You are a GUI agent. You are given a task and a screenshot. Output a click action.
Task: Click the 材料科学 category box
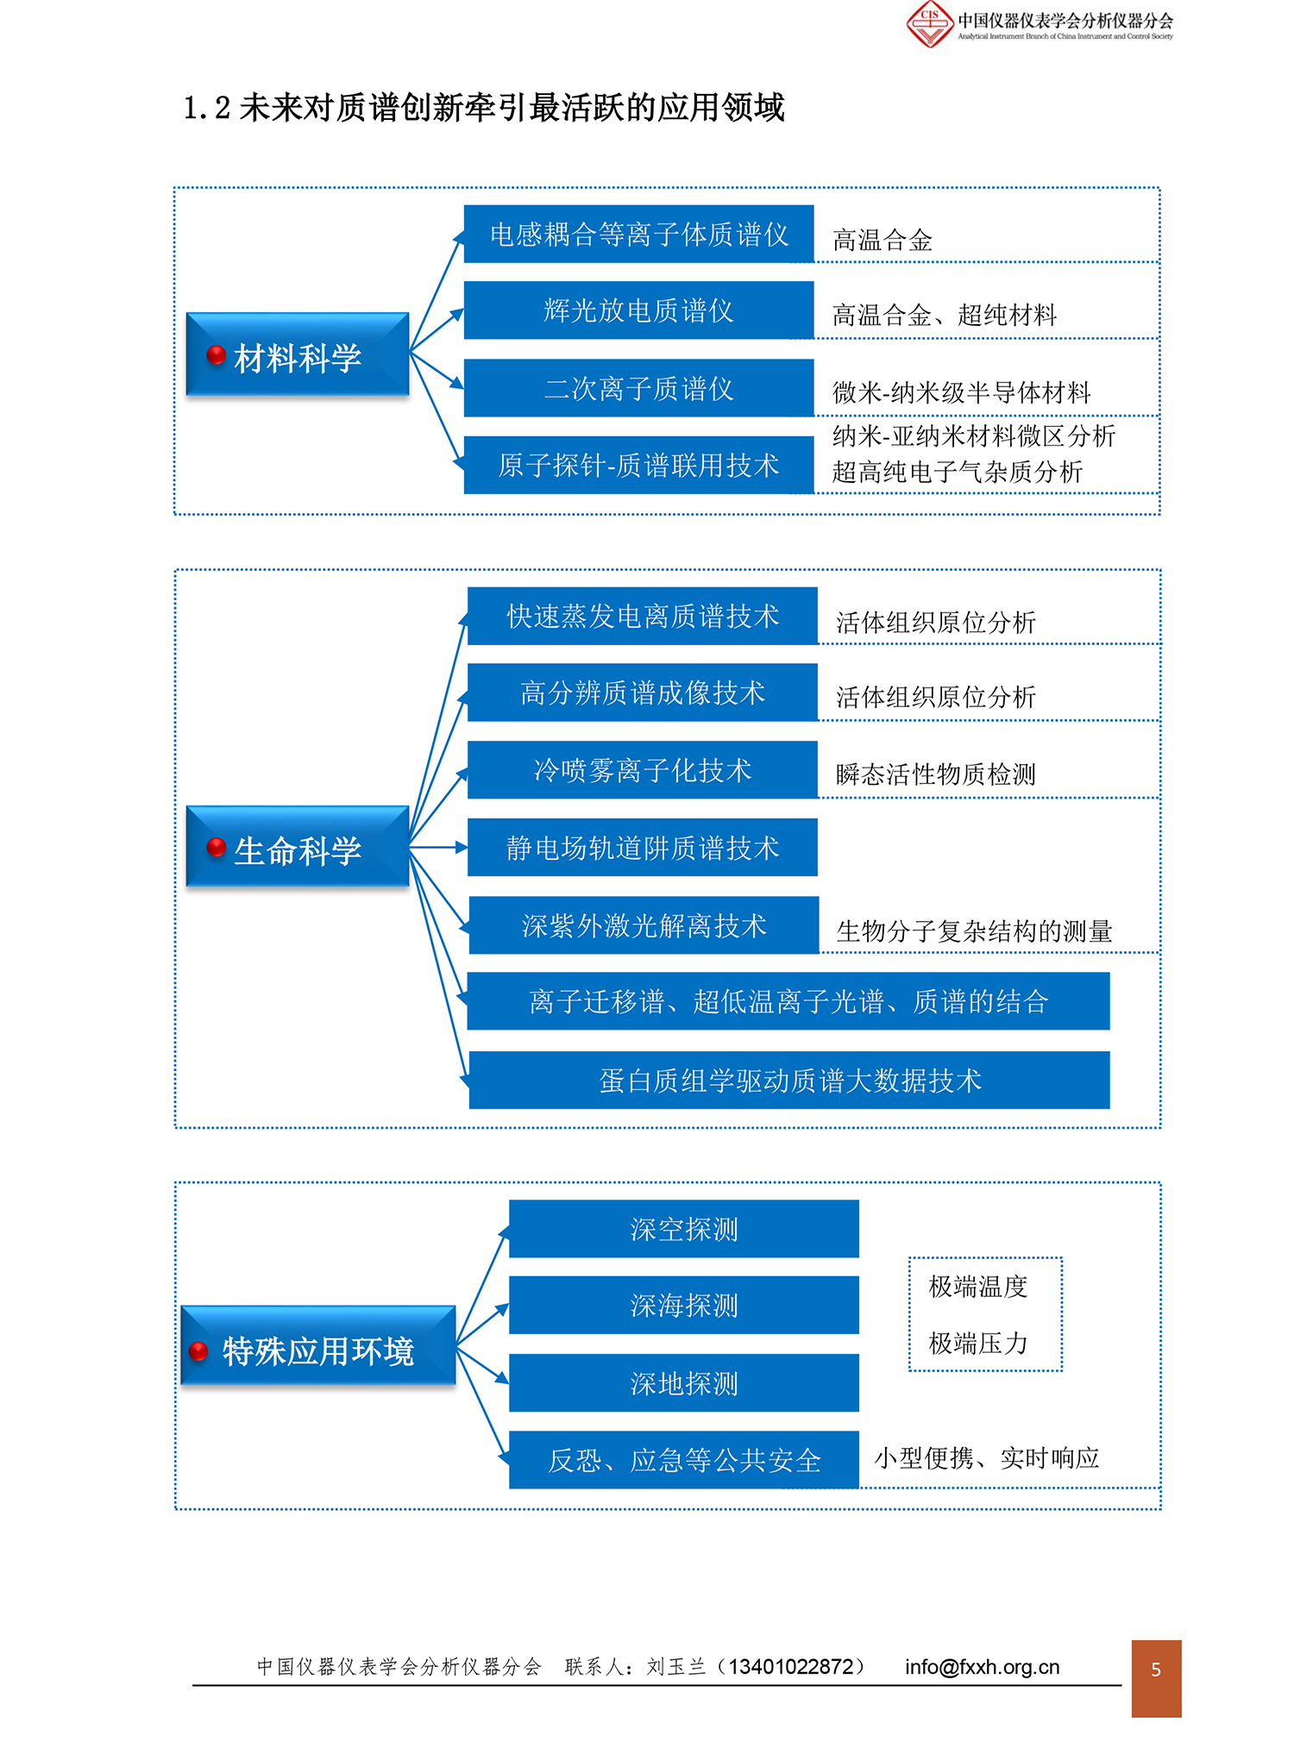point(298,354)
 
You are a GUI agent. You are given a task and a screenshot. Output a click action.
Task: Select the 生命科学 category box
point(298,847)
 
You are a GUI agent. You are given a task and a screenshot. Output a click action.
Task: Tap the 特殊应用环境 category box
point(317,1346)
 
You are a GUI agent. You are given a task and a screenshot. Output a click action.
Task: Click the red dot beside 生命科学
point(216,848)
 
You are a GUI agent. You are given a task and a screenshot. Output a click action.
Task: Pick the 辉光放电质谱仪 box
point(638,310)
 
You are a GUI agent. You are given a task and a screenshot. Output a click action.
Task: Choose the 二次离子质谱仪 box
point(638,388)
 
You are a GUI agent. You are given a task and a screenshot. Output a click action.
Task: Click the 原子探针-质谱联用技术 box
point(638,465)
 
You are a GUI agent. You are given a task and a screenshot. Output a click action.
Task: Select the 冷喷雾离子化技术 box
point(643,770)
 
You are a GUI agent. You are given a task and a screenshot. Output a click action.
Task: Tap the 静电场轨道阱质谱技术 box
point(643,848)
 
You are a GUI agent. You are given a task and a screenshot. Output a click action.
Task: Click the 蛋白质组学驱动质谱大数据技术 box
point(789,1080)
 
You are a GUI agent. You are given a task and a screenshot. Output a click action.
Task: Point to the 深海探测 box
point(684,1306)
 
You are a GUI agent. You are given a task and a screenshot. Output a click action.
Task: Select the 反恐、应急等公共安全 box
point(684,1460)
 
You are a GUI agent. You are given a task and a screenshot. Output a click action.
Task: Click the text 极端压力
point(978,1343)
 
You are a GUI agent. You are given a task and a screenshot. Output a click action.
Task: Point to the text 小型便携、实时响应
point(987,1458)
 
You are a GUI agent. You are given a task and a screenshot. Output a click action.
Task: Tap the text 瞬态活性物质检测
point(936,774)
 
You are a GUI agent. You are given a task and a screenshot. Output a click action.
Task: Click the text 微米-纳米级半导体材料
point(962,393)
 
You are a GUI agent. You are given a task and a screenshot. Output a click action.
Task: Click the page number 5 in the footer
point(1156,1670)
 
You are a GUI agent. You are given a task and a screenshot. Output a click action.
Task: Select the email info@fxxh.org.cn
point(983,1667)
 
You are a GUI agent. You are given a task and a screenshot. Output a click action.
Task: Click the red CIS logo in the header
point(930,23)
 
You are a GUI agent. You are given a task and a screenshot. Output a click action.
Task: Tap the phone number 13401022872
point(791,1667)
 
